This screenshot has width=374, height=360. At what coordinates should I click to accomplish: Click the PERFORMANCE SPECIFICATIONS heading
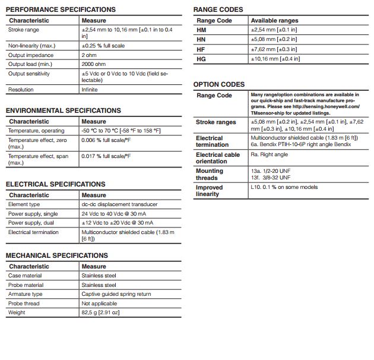point(61,10)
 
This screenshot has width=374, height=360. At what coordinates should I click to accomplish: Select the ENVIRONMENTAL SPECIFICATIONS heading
point(63,110)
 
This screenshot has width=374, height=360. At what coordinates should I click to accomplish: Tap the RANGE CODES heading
point(218,10)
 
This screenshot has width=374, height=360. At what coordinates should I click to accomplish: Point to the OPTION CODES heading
point(218,84)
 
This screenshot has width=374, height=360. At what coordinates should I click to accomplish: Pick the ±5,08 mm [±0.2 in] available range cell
point(275,39)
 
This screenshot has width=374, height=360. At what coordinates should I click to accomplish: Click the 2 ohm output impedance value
point(90,55)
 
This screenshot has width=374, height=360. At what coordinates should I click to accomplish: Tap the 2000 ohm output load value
point(94,64)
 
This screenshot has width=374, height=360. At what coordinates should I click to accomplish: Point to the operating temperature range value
point(121,131)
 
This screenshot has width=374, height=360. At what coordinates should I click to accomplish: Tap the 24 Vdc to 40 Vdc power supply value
point(117,213)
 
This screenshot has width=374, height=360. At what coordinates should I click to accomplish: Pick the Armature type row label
point(25,294)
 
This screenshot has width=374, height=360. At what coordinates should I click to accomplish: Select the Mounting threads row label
point(210,174)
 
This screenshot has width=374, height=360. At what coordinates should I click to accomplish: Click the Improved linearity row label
point(209,191)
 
